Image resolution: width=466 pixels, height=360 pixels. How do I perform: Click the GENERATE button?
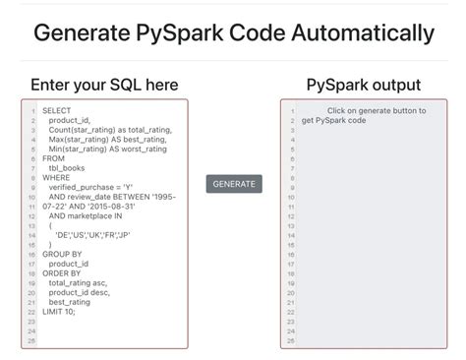234,184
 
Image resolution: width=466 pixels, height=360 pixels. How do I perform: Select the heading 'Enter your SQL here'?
104,85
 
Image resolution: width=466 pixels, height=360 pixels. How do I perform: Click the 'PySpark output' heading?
364,85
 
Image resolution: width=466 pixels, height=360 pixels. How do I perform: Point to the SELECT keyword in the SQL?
58,111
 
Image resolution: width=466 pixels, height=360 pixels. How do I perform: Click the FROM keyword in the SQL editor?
54,157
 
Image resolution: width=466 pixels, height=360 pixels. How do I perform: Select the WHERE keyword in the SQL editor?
57,178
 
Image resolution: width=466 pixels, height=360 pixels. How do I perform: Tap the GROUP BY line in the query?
62,254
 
